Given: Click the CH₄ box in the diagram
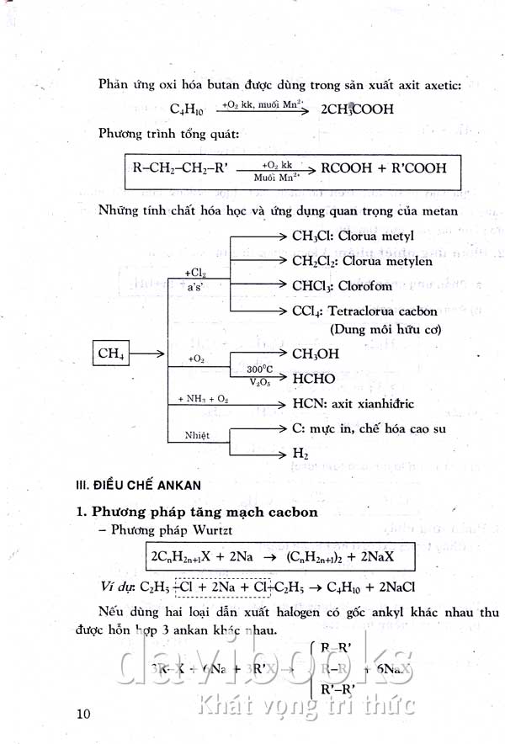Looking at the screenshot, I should (x=111, y=354).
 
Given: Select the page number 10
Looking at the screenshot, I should (x=82, y=714).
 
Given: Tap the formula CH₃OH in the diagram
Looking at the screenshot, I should (x=316, y=354).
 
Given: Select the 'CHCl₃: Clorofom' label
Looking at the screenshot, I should (x=346, y=285).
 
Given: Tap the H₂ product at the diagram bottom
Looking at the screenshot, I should (x=300, y=454).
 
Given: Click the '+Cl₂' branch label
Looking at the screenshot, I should (x=194, y=273).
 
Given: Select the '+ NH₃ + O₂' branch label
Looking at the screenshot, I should (x=203, y=398).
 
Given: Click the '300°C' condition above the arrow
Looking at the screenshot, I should (x=260, y=369).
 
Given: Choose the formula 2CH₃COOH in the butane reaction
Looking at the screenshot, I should (x=357, y=109).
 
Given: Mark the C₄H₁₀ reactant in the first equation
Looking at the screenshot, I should (x=187, y=109).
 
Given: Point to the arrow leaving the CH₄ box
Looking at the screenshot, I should (x=149, y=354).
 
